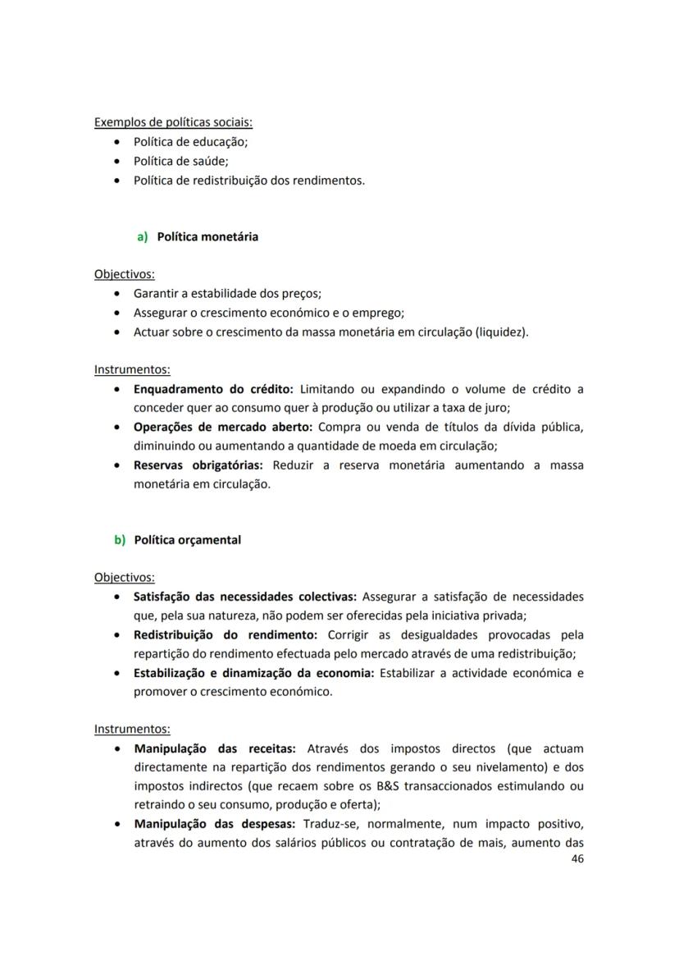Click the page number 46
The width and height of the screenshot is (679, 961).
[x=576, y=858]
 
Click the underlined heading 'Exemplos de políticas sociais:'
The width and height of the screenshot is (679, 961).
[x=173, y=122]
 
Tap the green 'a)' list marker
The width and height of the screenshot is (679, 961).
[x=142, y=236]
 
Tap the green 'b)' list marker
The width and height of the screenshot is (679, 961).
[x=120, y=540]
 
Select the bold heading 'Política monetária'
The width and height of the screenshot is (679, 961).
[x=207, y=236]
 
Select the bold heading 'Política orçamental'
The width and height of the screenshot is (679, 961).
[x=187, y=540]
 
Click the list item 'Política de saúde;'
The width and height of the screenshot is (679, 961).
[x=180, y=161]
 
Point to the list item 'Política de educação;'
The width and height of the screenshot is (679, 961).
[x=190, y=141]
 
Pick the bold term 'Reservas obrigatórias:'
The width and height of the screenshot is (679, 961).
[x=198, y=465]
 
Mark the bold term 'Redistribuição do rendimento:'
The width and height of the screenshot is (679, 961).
[x=225, y=634]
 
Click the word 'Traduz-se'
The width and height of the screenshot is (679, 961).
[x=330, y=823]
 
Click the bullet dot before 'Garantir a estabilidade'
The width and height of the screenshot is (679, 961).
[x=121, y=293]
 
